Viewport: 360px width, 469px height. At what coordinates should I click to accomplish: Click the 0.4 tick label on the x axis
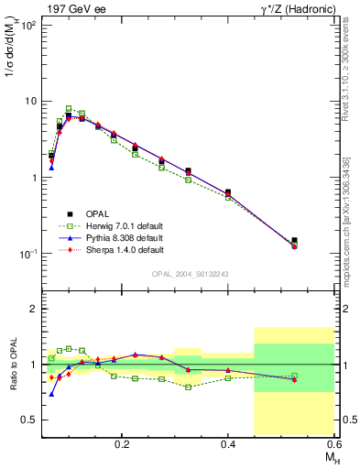click(x=228, y=442)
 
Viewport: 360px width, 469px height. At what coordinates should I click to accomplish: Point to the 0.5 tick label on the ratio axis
click(x=31, y=420)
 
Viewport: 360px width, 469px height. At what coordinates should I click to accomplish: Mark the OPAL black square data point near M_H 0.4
click(x=227, y=192)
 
